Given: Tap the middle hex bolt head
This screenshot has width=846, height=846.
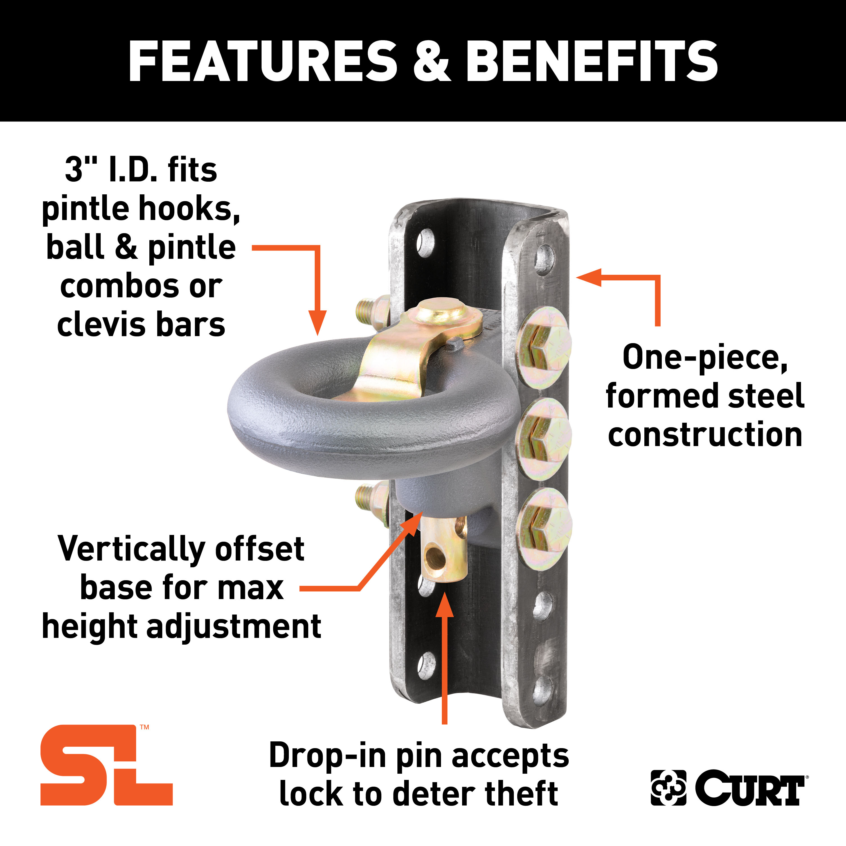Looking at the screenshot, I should [543, 438].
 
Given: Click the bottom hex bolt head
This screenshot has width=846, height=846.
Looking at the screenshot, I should [543, 529].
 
